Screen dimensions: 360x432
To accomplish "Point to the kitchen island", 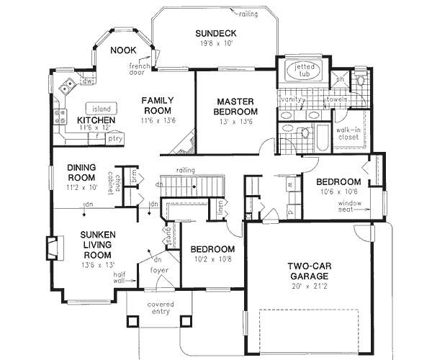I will click(102, 108).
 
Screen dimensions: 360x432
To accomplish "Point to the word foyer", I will click(158, 271).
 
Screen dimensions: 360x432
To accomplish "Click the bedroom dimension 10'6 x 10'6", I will click(338, 192).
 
